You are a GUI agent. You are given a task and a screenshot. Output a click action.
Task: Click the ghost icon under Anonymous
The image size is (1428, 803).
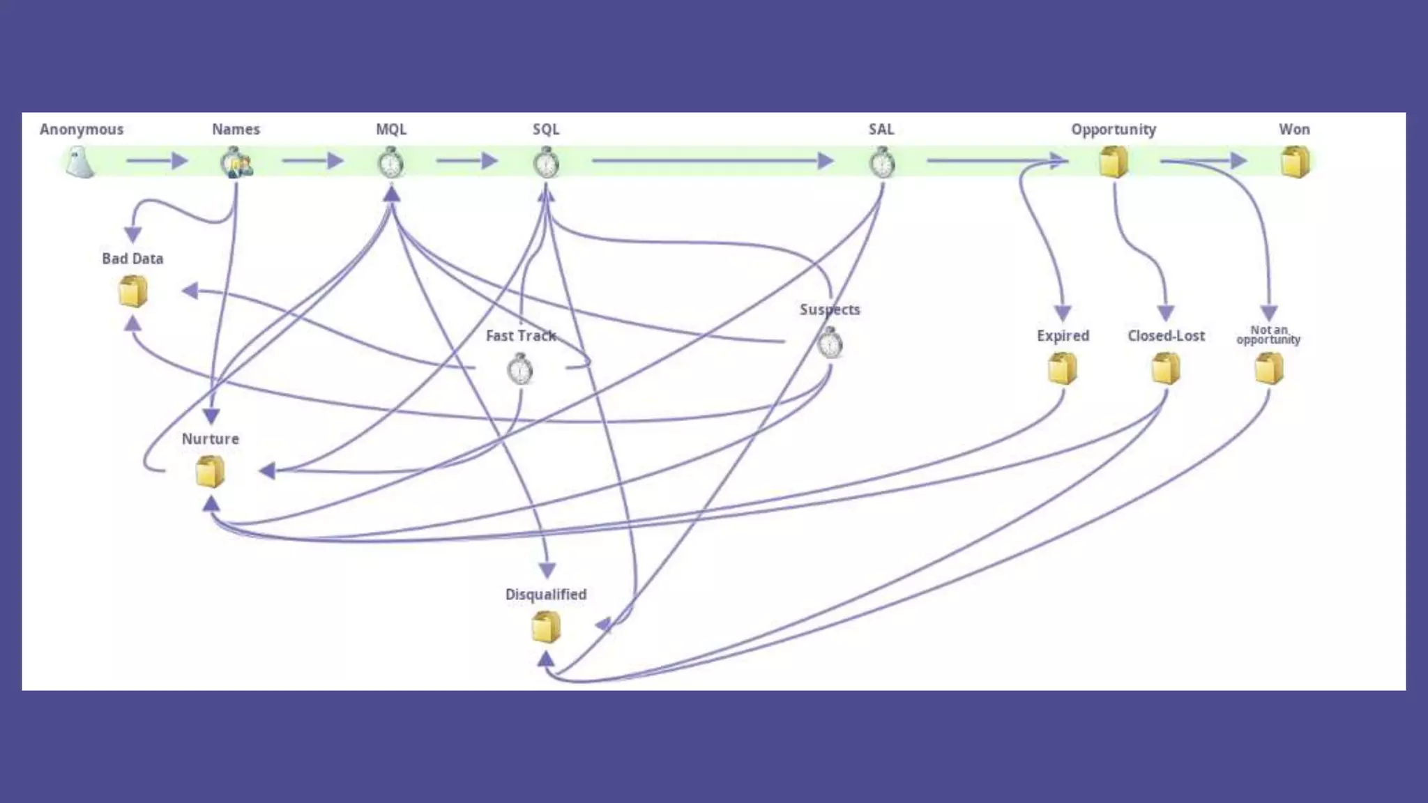click(x=80, y=163)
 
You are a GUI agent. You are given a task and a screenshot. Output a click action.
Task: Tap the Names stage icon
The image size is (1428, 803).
click(x=236, y=163)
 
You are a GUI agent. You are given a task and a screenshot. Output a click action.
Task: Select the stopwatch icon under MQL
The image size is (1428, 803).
click(x=391, y=163)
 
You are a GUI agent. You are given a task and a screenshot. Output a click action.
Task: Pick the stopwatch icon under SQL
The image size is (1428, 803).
click(x=546, y=163)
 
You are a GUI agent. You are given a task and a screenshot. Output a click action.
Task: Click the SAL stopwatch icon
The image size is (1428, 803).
click(x=882, y=163)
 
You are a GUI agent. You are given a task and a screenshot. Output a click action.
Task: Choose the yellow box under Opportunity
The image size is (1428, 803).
click(x=1114, y=162)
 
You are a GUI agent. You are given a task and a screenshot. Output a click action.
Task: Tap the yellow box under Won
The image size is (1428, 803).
click(x=1295, y=162)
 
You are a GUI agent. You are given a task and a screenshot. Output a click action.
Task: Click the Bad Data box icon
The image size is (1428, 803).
click(x=132, y=291)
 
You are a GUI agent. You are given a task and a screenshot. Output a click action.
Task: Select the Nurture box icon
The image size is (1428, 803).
click(x=210, y=471)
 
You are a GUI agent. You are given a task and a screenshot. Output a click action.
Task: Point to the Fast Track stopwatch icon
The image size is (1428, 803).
click(x=520, y=369)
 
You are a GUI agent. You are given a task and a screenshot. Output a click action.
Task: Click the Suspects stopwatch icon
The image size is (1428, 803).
click(x=830, y=343)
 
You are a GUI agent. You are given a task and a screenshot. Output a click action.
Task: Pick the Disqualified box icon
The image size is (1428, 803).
click(x=546, y=627)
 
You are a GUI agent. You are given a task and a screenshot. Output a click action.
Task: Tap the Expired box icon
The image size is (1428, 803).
click(x=1063, y=368)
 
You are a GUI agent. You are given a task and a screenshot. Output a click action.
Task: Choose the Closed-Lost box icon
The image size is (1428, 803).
click(x=1166, y=368)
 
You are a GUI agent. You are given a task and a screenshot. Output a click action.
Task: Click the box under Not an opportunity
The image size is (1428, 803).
click(x=1269, y=368)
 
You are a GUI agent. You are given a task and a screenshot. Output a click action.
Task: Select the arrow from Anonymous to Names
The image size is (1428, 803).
click(x=157, y=161)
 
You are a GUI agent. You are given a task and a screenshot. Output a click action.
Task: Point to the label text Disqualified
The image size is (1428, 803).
click(x=546, y=595)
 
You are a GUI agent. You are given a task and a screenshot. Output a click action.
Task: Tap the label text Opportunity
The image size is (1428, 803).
click(x=1114, y=130)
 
